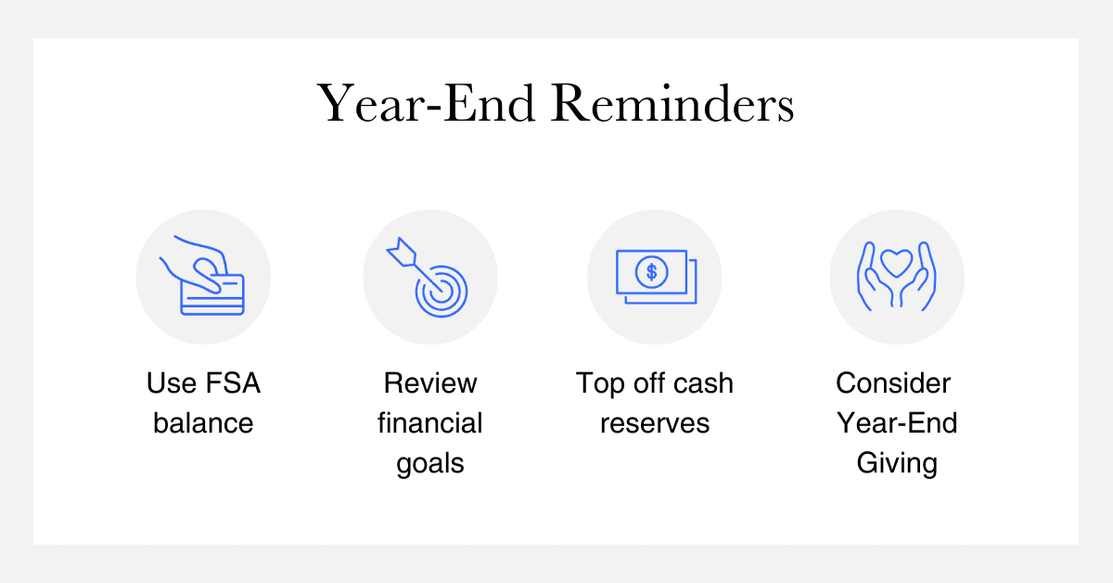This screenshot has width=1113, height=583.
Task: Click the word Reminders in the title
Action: (672, 103)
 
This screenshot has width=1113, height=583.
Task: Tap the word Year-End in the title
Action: (427, 103)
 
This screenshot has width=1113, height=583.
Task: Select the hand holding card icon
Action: (202, 275)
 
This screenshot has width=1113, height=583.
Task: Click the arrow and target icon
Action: (428, 277)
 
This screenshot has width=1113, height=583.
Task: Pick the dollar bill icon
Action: (657, 277)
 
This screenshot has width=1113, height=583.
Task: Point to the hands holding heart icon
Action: (897, 276)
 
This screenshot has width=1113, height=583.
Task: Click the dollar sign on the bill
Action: (651, 272)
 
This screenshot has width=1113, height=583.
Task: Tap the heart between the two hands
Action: (896, 263)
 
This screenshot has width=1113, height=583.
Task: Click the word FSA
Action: (233, 383)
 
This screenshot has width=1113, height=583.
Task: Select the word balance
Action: (203, 422)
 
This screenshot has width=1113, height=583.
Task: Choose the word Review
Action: (430, 383)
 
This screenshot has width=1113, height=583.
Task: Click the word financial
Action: (430, 422)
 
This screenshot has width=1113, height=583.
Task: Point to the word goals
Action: (430, 464)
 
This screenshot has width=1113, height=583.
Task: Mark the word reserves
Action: (655, 424)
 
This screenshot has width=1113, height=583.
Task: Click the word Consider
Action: (893, 383)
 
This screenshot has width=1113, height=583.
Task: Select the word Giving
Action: (897, 464)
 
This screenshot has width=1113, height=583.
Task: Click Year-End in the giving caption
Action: (897, 422)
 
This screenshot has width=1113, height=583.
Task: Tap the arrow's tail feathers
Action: (402, 252)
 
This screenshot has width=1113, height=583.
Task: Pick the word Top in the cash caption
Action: (599, 384)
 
